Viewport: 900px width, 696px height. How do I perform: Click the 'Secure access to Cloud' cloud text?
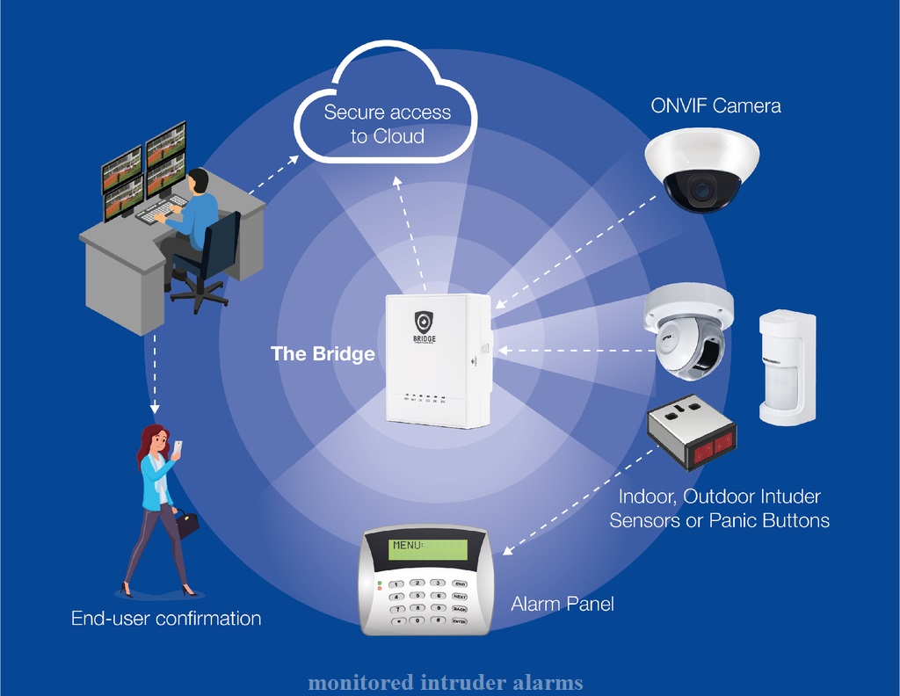click(x=387, y=124)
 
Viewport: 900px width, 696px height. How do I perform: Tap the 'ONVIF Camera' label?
click(x=715, y=106)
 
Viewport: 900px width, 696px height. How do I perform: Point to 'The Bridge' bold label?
click(x=323, y=354)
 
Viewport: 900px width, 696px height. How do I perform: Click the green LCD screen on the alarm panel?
click(x=429, y=550)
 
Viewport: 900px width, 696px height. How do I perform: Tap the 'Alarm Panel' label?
click(x=562, y=604)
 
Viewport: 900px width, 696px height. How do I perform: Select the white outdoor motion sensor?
click(x=787, y=367)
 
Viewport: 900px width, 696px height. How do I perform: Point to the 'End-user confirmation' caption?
click(x=166, y=619)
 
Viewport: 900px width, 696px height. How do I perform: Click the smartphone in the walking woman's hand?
click(x=178, y=447)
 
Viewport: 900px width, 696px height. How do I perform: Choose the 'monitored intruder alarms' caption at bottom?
click(x=445, y=683)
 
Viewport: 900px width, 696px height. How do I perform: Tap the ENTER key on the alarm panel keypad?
click(x=459, y=620)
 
